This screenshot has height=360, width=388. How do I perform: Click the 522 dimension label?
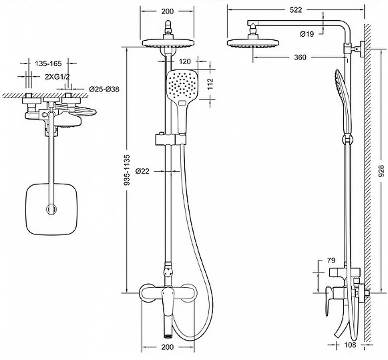click(296, 9)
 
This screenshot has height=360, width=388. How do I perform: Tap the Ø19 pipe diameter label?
click(307, 34)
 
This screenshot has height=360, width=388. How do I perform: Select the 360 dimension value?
click(300, 57)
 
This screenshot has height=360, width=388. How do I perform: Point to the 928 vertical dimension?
click(381, 171)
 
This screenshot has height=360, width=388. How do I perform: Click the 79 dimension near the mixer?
click(331, 260)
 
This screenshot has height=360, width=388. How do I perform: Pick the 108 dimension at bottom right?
click(350, 345)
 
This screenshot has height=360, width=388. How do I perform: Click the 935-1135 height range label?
click(127, 170)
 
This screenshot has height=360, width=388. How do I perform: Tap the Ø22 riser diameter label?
click(142, 171)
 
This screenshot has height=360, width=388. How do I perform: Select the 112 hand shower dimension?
click(210, 84)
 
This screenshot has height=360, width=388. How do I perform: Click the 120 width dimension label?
click(184, 61)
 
